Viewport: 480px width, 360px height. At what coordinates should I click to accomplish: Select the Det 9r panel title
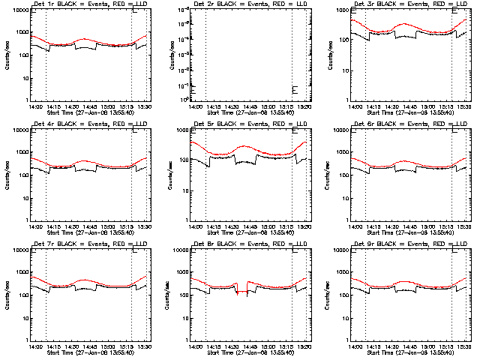(405, 244)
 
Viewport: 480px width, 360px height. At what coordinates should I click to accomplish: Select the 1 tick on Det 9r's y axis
(345, 340)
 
